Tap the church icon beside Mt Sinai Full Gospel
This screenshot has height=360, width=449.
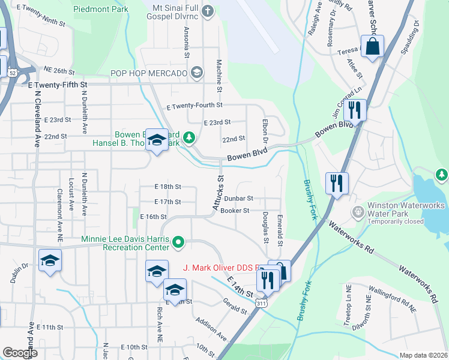tap(208, 10)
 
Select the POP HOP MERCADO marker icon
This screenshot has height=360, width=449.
tap(196, 73)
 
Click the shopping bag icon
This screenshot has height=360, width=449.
tap(372, 46)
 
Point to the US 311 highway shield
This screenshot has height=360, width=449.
tap(260, 305)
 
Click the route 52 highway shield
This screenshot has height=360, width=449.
tap(12, 73)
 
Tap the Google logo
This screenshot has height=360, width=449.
tap(20, 353)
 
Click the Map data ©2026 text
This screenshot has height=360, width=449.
tap(423, 355)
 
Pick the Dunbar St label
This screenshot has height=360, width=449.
tap(240, 198)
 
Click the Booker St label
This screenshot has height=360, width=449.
tap(235, 211)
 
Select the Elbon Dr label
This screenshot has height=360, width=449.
tap(265, 130)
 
